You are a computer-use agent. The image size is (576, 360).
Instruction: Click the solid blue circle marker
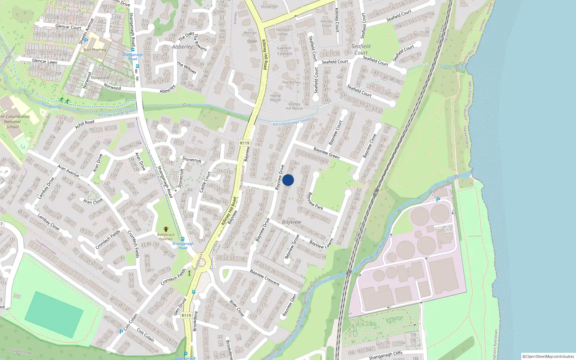click(x=288, y=180)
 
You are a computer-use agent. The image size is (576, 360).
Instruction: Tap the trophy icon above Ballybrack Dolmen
click(x=166, y=229)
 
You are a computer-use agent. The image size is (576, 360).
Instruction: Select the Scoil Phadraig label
click(x=95, y=50)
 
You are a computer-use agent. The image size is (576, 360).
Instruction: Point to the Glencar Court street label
click(x=68, y=27)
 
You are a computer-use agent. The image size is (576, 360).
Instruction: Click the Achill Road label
click(x=85, y=125)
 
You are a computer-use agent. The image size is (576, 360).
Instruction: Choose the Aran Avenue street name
click(x=68, y=171)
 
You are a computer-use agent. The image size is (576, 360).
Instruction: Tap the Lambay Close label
click(x=48, y=222)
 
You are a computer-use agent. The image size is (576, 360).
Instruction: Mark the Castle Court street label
click(x=205, y=181)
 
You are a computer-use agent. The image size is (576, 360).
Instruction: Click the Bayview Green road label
click(x=326, y=153)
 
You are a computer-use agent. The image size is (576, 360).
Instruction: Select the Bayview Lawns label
click(x=321, y=244)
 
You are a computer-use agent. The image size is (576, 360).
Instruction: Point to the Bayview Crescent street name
click(x=265, y=277)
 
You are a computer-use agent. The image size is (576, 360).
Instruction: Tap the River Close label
click(x=237, y=309)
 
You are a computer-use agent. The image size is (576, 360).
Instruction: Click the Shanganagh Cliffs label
click(x=386, y=355)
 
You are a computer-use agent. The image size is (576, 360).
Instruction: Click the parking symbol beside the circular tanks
click(x=438, y=200)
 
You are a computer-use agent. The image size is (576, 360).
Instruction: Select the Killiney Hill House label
click(x=294, y=106)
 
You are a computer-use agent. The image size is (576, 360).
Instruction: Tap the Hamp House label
click(x=275, y=98)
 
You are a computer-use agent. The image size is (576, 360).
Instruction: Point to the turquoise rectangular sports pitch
click(x=54, y=314)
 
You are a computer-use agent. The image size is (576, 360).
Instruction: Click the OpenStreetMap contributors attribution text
click(x=548, y=356)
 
